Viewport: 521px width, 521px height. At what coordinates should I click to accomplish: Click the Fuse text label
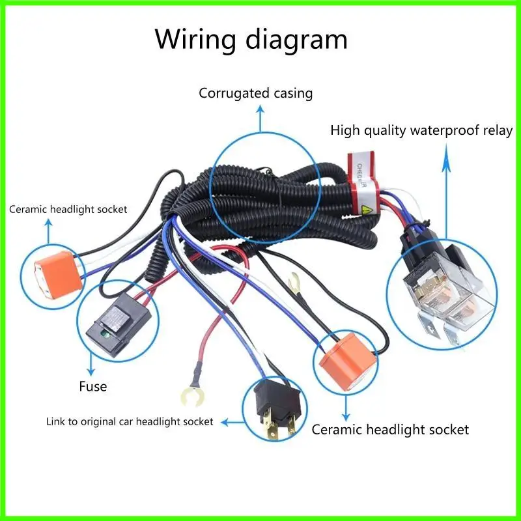pos(92,386)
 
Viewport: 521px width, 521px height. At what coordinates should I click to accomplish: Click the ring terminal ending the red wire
pos(189,394)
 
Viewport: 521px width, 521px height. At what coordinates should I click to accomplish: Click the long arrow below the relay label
pos(447,195)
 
